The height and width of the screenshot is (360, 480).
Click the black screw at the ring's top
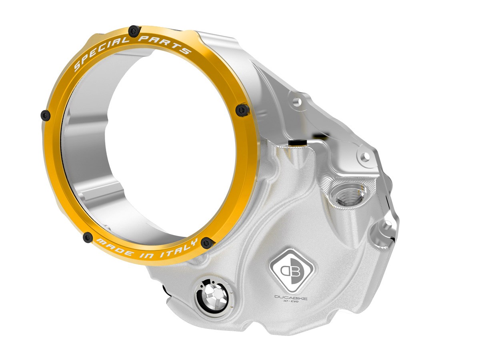[134, 30]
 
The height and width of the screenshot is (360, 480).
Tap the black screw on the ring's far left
[46, 116]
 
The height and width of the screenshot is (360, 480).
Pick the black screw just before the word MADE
[88, 238]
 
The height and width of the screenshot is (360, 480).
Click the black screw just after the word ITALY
[207, 242]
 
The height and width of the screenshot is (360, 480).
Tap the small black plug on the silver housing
[296, 142]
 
